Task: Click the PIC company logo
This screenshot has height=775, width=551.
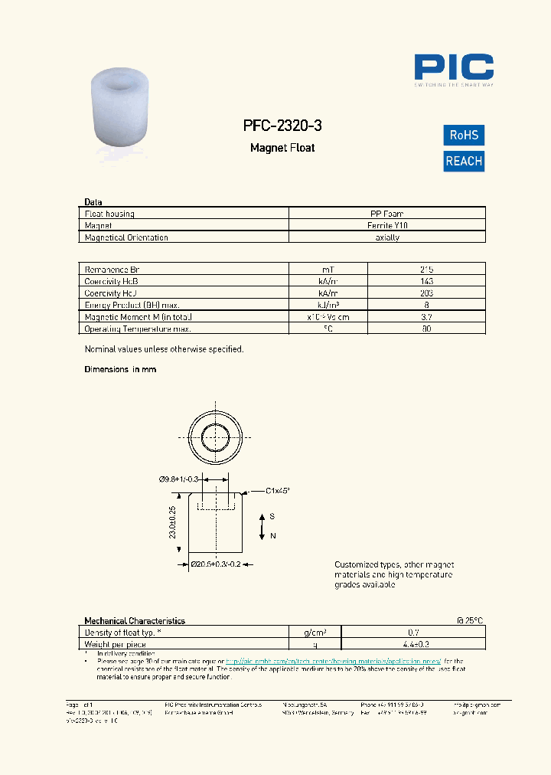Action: coord(454,68)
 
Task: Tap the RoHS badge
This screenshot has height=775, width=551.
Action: coord(464,136)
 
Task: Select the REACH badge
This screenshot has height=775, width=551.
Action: coord(464,161)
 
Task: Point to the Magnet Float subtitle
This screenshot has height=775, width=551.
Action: coord(282,148)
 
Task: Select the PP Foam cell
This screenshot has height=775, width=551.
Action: coord(386,214)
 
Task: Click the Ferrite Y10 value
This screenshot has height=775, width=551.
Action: coord(386,226)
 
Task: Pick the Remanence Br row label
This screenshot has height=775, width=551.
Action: coord(112,270)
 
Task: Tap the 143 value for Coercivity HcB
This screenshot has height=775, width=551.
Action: coord(426,281)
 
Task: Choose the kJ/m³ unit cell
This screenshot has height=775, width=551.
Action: coord(328,305)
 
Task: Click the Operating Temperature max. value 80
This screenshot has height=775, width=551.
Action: coord(426,329)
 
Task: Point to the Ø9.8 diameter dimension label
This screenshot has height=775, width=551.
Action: coord(178,479)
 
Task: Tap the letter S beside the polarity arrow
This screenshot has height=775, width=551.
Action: coord(272,517)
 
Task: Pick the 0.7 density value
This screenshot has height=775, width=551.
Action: coord(413,633)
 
